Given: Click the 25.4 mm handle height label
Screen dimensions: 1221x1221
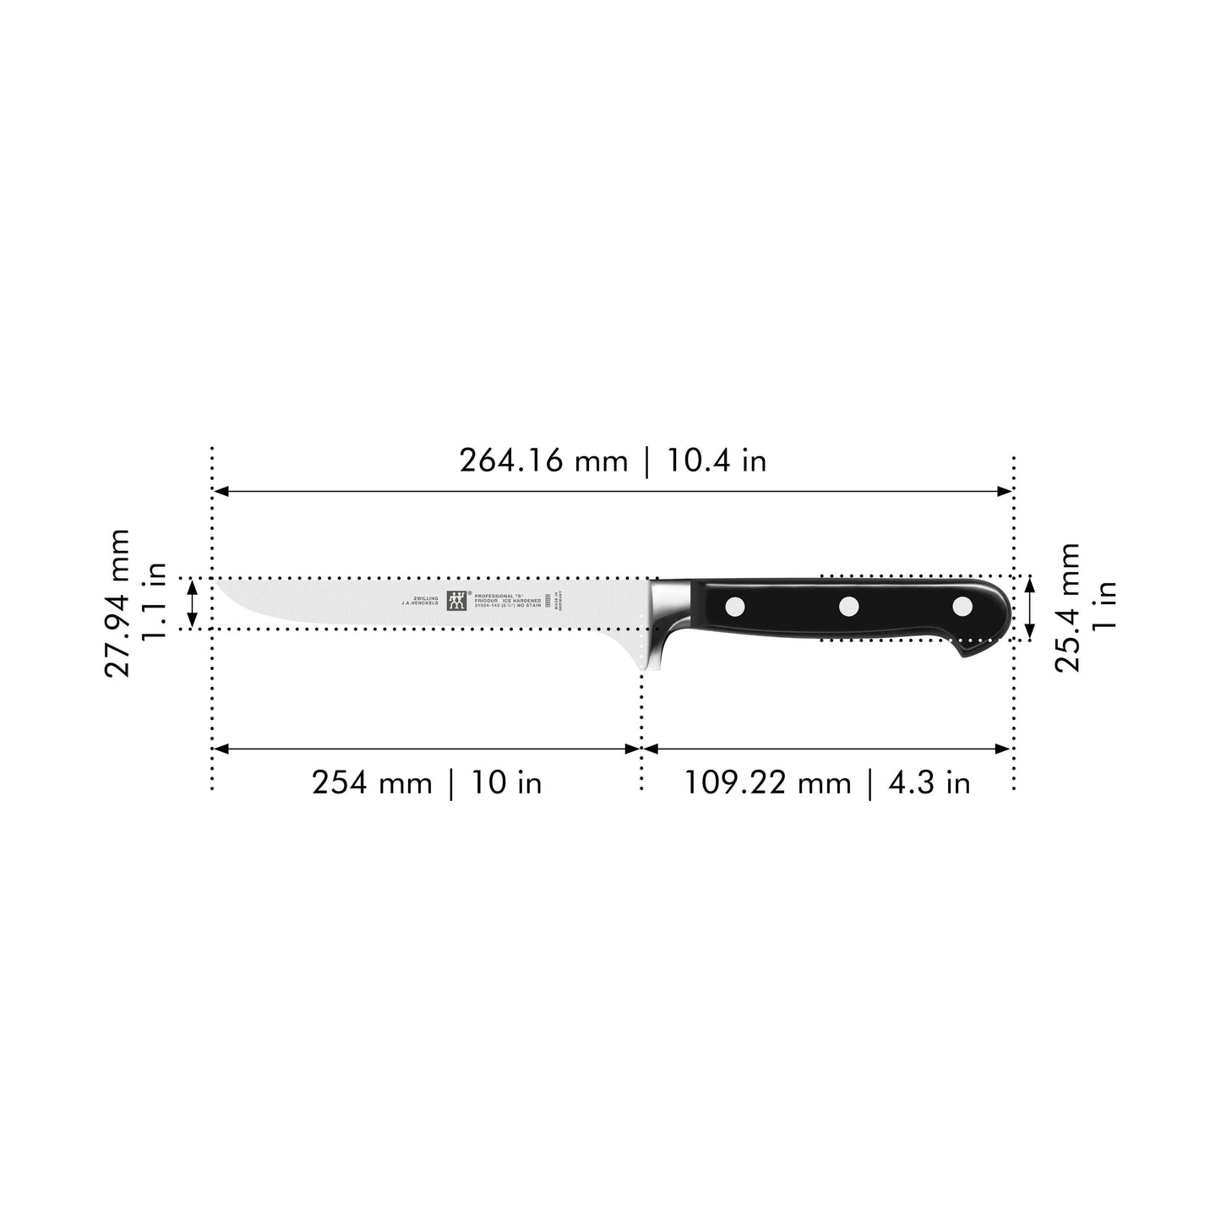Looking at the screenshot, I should (x=1067, y=607).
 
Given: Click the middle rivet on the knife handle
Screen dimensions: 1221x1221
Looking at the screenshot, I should (x=848, y=605).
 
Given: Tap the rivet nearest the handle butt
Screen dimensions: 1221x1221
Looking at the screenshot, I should (x=962, y=605).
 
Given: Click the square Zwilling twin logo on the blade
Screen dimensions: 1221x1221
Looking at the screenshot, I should (x=457, y=600).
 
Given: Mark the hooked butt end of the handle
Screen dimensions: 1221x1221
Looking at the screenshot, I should (x=972, y=651).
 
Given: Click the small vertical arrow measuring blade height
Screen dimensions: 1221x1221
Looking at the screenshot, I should (x=193, y=603).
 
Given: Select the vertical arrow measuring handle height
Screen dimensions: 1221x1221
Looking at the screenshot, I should (x=1029, y=607).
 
